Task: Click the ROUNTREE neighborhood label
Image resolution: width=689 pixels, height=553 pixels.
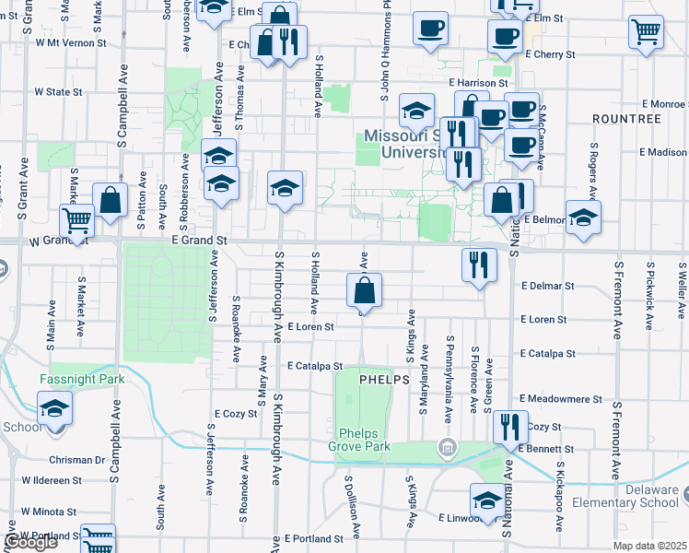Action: [x=626, y=120]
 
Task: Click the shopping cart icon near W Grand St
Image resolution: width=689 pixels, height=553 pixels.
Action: [x=77, y=220]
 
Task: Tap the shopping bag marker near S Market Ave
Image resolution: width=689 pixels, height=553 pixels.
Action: [x=110, y=200]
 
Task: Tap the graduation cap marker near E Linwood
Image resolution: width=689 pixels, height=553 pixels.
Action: [x=487, y=500]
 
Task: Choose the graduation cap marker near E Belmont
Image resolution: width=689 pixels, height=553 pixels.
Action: [x=583, y=218]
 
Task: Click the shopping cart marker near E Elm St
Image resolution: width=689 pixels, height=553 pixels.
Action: [x=647, y=31]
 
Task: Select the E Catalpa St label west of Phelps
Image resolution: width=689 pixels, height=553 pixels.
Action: [x=314, y=366]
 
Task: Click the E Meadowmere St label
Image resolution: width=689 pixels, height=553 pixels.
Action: [x=560, y=399]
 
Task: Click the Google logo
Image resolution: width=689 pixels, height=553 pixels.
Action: [x=31, y=542]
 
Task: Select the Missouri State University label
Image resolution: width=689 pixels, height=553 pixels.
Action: [x=408, y=145]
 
